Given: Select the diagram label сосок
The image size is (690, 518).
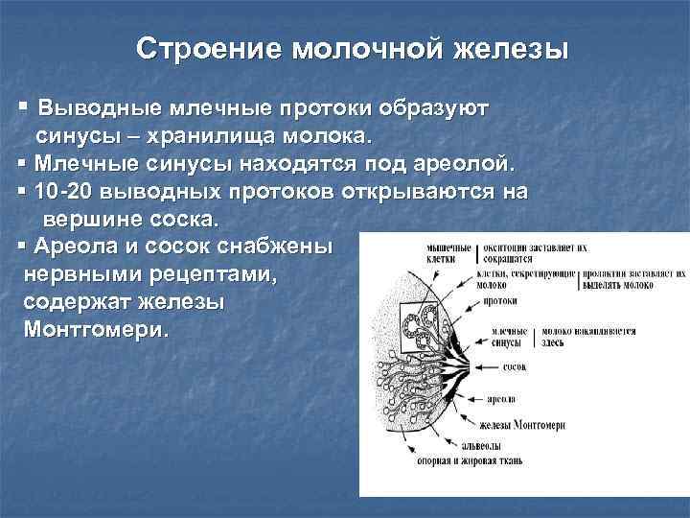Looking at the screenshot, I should click(x=515, y=367).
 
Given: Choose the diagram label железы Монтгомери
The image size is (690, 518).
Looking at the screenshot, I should click(x=522, y=424).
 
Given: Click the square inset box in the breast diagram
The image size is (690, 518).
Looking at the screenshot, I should click(x=415, y=326).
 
